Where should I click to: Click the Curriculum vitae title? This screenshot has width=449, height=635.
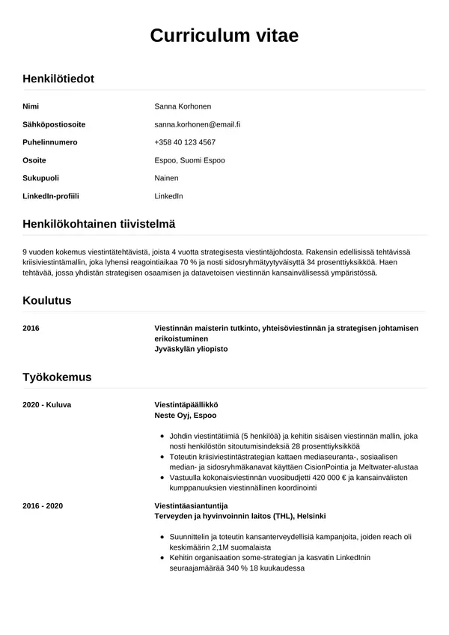[x=224, y=35]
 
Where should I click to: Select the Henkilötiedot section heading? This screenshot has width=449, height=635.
[x=58, y=78]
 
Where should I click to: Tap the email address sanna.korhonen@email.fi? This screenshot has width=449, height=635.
[x=203, y=124]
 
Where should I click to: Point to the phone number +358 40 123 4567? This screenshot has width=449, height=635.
[x=185, y=142]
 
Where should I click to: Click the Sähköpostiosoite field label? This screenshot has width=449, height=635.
[x=54, y=124]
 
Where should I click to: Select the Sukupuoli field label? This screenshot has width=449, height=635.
[x=41, y=178]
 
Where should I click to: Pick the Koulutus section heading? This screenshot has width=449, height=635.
[x=47, y=300]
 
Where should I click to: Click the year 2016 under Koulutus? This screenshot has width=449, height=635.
[x=31, y=328]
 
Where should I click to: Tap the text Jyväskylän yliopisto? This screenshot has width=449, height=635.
[x=191, y=349]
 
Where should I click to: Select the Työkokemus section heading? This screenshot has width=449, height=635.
[x=57, y=377]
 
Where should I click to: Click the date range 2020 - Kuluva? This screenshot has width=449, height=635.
[x=47, y=404]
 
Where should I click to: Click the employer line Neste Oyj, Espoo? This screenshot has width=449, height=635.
[x=186, y=415]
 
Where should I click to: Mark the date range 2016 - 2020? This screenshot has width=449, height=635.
[x=43, y=505]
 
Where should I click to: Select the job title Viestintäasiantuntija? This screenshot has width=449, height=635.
[x=191, y=505]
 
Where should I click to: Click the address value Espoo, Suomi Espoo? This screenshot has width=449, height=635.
[x=189, y=160]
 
